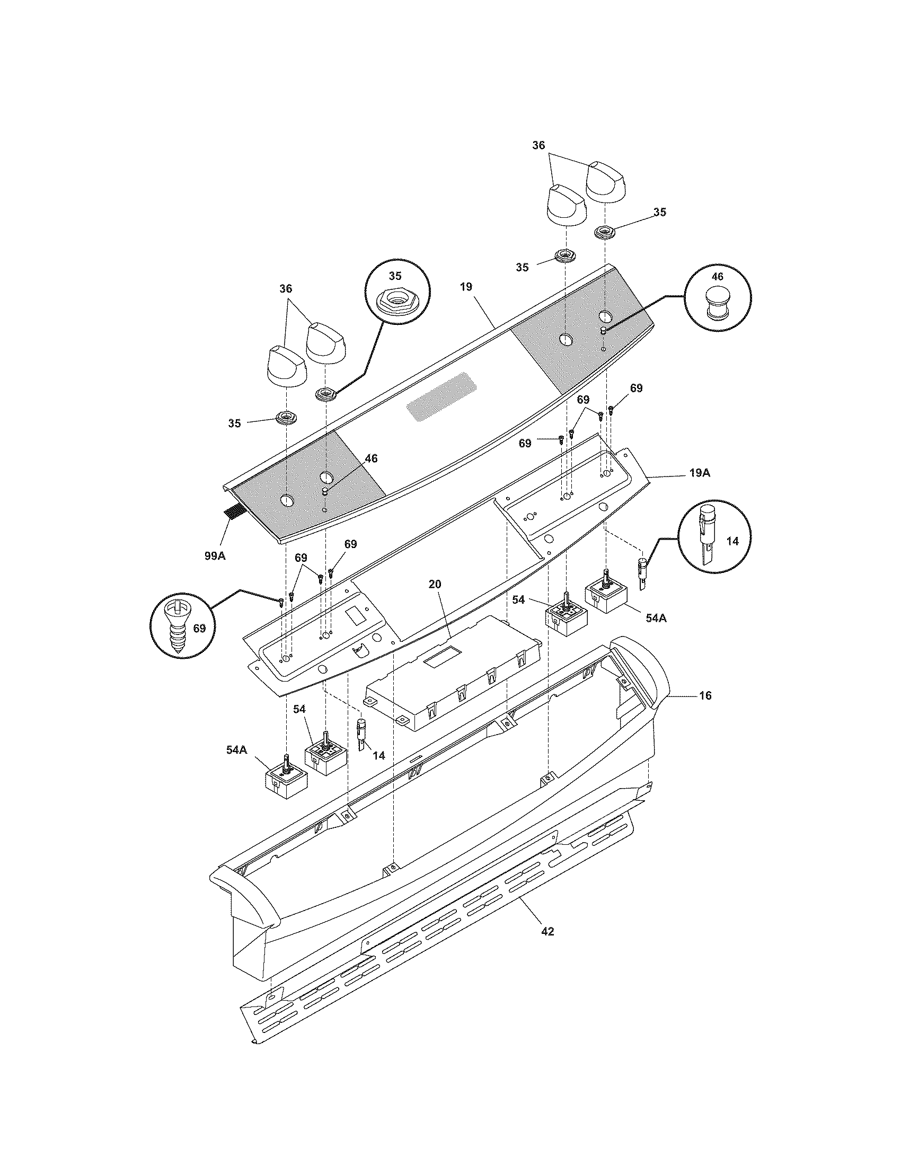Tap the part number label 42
coord(547,932)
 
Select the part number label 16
coord(705,696)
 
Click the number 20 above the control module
coord(435,584)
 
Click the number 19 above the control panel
coord(465,287)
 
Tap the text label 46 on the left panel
coord(371,458)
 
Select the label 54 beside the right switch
coord(518,600)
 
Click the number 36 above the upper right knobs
coord(538,145)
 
